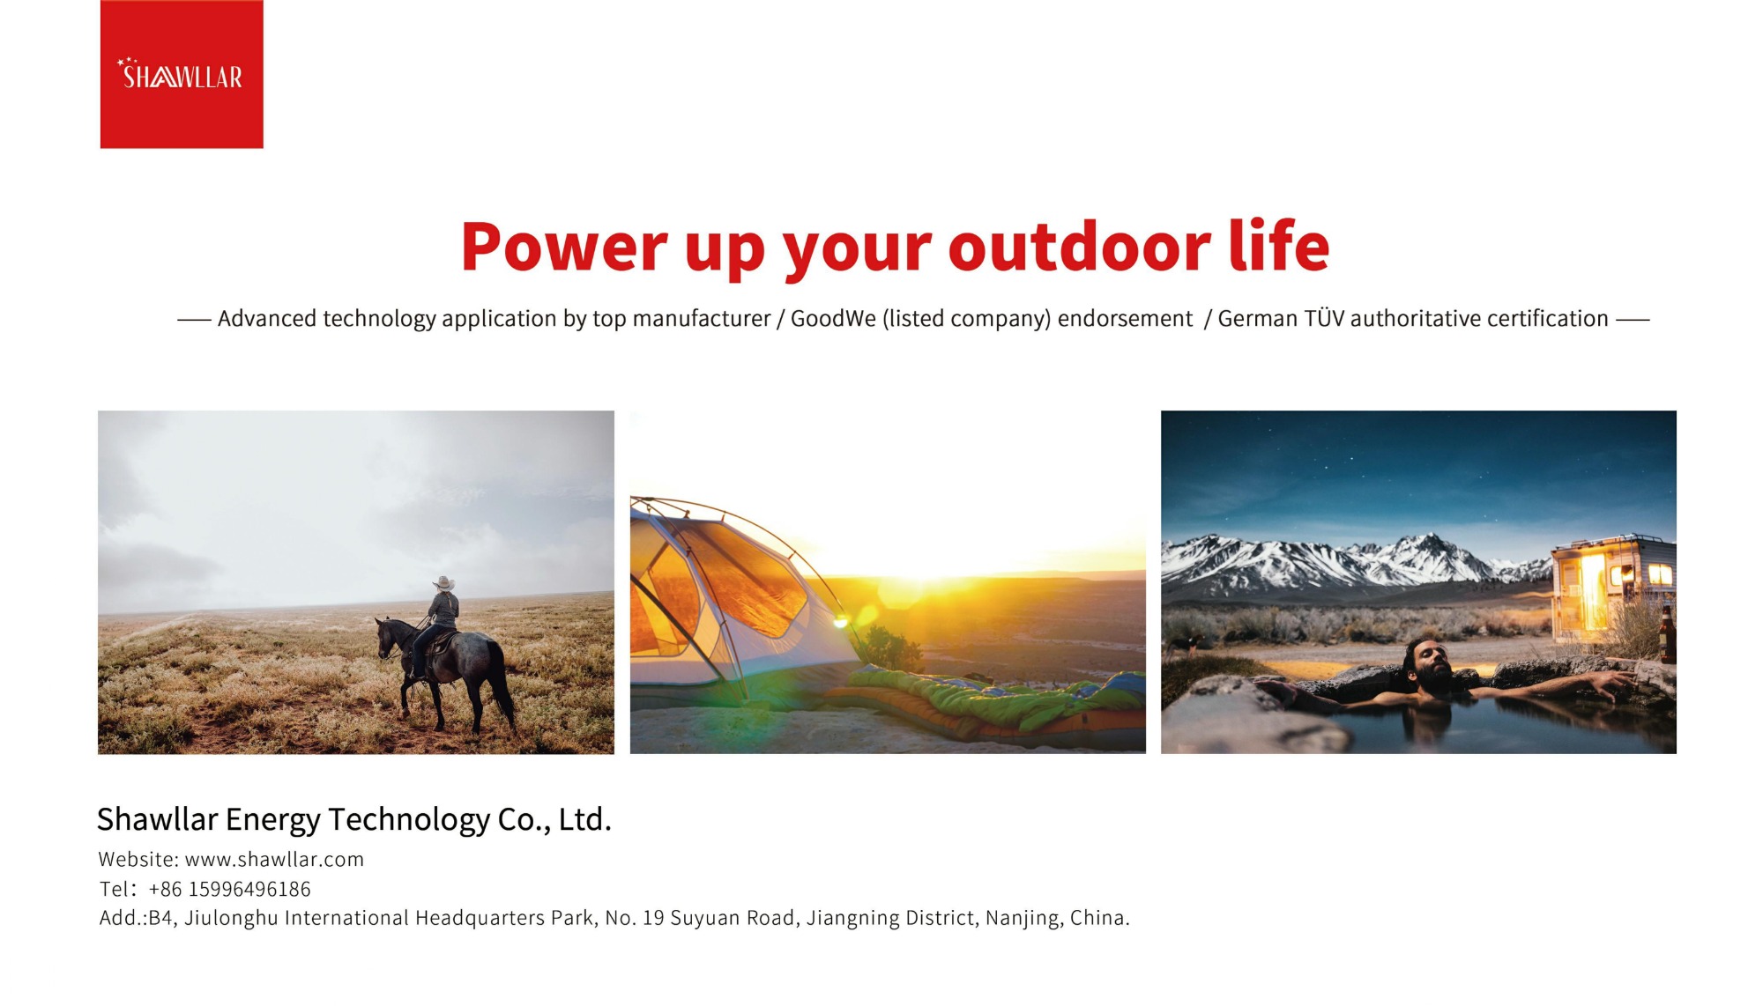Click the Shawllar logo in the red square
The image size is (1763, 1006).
(180, 74)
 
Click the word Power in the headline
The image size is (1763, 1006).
(564, 247)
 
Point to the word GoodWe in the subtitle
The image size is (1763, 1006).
(833, 318)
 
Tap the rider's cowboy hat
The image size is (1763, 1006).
(443, 583)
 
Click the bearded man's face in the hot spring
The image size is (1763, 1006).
(1428, 665)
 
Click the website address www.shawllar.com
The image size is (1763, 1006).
(274, 860)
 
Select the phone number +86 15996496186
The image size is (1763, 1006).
(229, 889)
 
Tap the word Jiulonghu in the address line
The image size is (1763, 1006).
(231, 918)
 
